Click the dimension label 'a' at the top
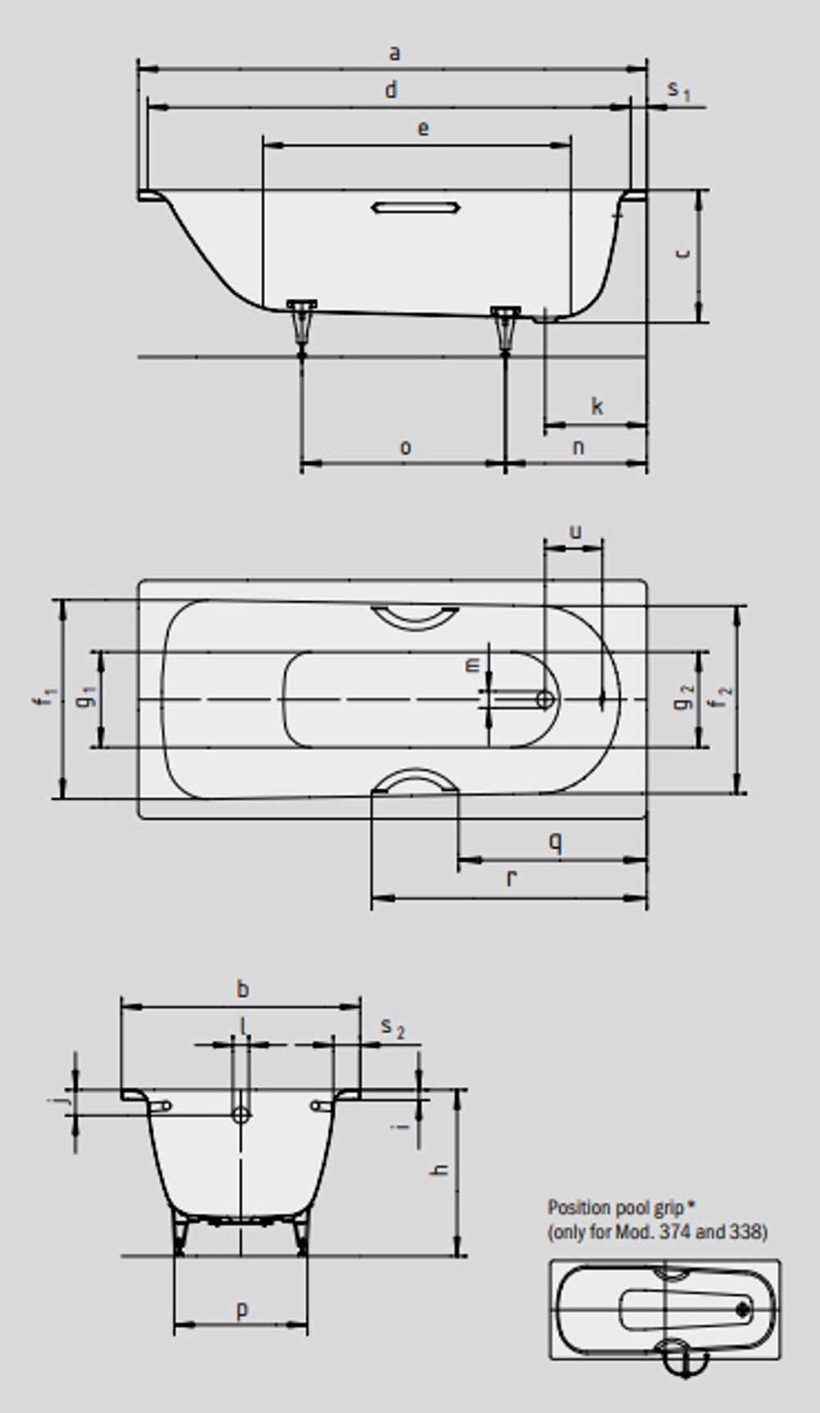(x=394, y=54)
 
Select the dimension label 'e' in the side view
(x=423, y=129)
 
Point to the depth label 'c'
(x=681, y=253)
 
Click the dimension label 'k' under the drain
(x=597, y=407)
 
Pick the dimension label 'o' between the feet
(x=405, y=448)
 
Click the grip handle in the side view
(x=415, y=207)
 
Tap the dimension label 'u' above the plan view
(x=575, y=531)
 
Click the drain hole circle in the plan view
(x=544, y=699)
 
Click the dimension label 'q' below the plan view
(x=555, y=842)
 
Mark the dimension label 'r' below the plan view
(x=512, y=879)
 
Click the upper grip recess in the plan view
(x=415, y=617)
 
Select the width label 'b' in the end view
(x=243, y=989)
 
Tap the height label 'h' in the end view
(x=440, y=1169)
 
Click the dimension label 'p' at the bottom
(x=242, y=1310)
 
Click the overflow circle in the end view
(x=241, y=1114)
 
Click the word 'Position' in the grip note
(x=579, y=1207)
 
